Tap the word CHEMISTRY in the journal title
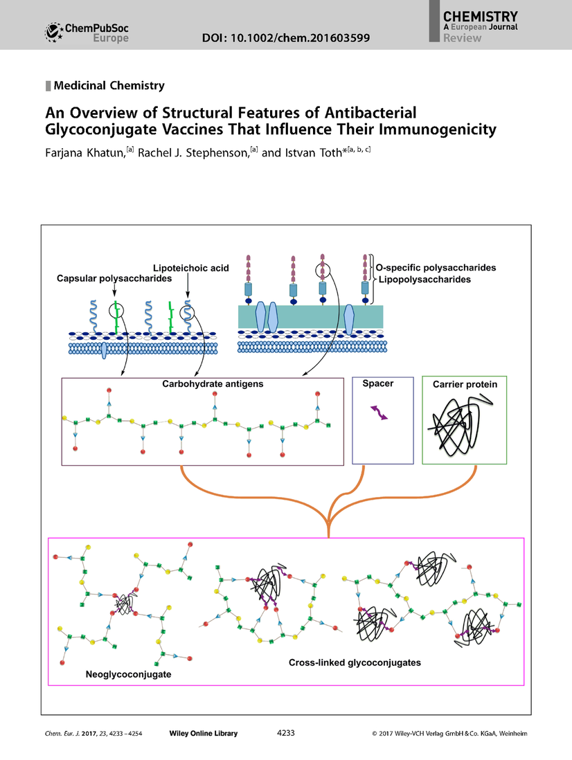tap(479, 15)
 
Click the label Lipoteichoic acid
tap(190, 267)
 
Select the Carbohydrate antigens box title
tap(202, 383)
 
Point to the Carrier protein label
tap(465, 383)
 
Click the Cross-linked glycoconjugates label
tap(355, 662)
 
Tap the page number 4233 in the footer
tap(286, 733)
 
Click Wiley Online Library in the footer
tap(203, 733)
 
